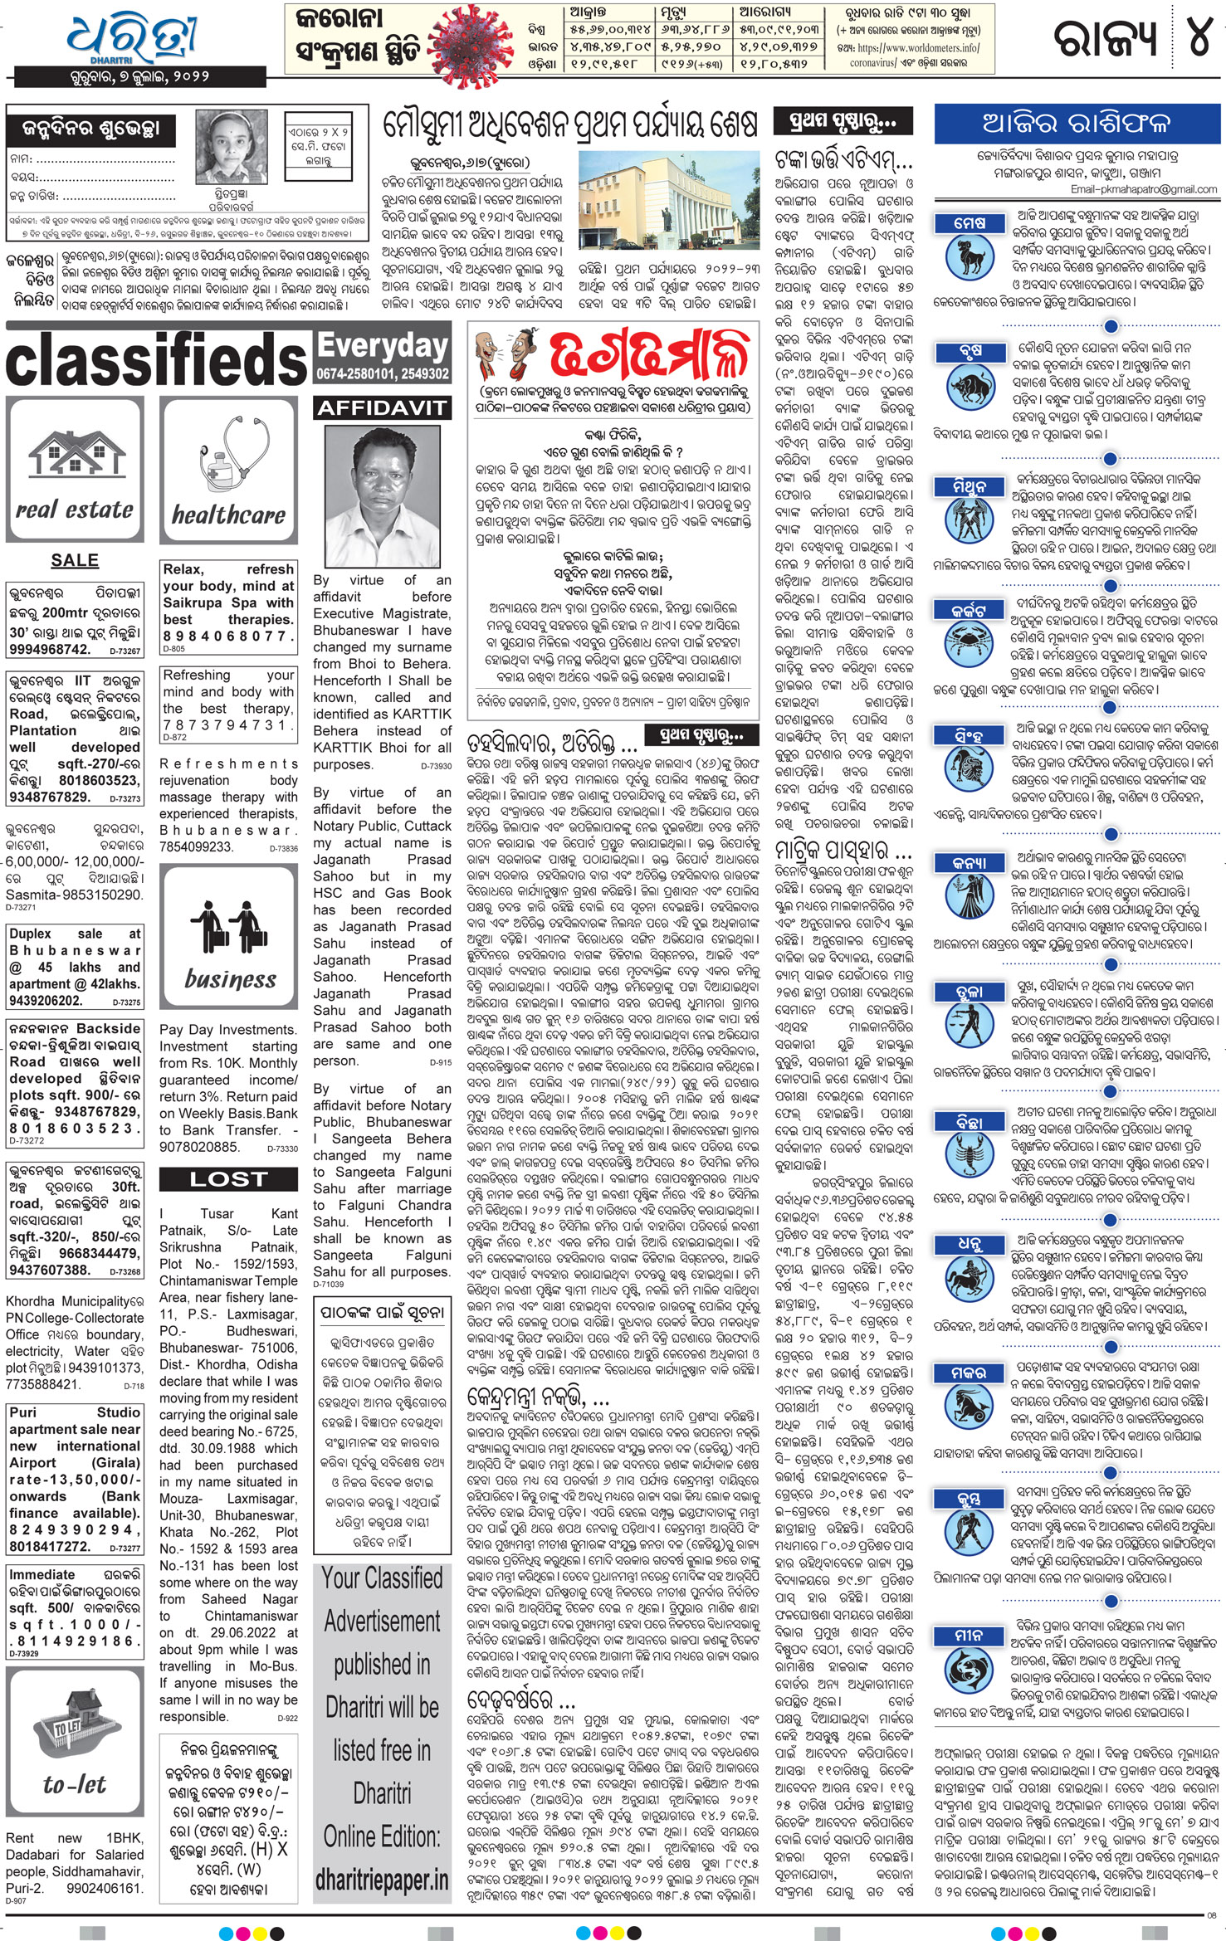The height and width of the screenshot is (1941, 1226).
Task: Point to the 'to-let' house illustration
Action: [x=74, y=1742]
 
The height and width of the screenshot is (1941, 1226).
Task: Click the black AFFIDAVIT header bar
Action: [x=383, y=407]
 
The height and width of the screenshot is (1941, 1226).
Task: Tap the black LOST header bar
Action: [x=228, y=1179]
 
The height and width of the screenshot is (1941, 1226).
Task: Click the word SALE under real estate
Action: [x=75, y=560]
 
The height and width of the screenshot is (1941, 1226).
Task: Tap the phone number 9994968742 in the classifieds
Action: [x=50, y=649]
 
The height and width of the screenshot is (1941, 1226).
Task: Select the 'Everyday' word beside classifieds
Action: [x=383, y=346]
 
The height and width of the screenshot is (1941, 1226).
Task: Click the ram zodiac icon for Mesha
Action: [x=970, y=256]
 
